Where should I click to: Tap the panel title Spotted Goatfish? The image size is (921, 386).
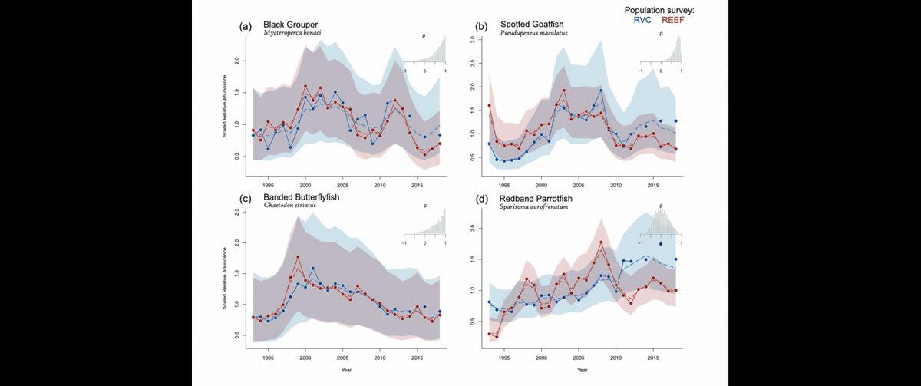(x=533, y=25)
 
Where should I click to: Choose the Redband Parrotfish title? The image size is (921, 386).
(x=540, y=197)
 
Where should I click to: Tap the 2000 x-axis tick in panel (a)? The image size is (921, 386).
(x=305, y=185)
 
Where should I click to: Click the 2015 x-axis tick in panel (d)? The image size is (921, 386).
(x=652, y=358)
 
